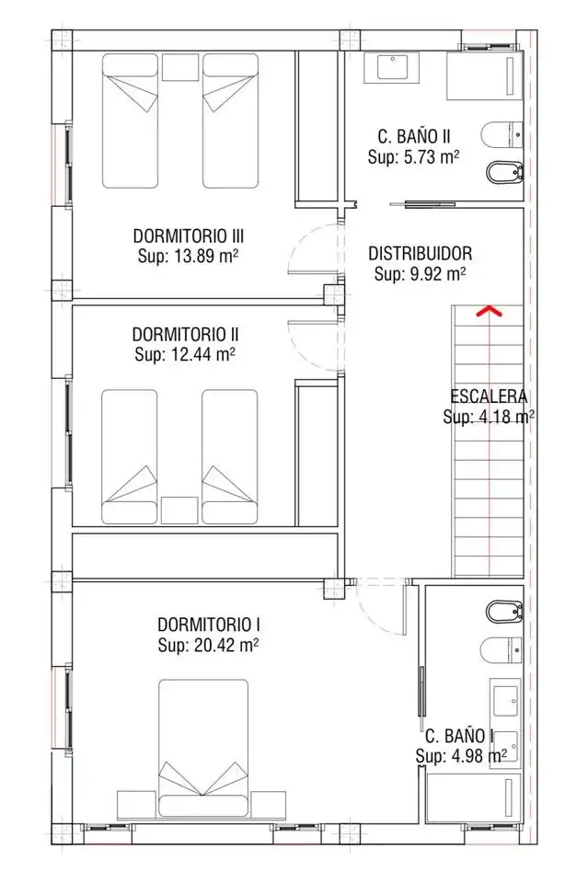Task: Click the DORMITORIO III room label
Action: tap(189, 235)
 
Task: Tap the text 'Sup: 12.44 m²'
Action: tap(185, 355)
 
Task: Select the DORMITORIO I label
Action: tap(209, 625)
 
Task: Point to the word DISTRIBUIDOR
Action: tap(421, 254)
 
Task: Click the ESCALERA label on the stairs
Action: tap(489, 396)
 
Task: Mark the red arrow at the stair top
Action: tap(489, 311)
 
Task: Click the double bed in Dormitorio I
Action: tap(203, 748)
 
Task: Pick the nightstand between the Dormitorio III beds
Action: tap(180, 67)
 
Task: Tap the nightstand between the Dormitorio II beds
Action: tap(179, 510)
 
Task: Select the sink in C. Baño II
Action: tap(392, 67)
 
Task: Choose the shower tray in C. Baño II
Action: tap(485, 76)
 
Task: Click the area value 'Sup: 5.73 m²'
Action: tap(413, 156)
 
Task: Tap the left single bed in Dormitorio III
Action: tap(130, 120)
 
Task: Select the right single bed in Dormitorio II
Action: tap(230, 457)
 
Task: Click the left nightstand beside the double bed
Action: tap(135, 805)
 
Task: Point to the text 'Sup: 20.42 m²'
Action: tap(209, 645)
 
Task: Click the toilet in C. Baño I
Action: tap(502, 650)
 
